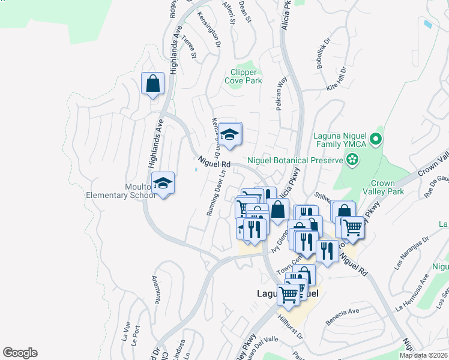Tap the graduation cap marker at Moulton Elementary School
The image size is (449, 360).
[162, 183]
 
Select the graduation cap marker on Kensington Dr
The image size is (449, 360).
[229, 134]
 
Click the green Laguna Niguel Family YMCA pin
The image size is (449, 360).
[376, 140]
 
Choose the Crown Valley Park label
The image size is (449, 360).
[391, 187]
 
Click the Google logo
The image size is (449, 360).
[20, 353]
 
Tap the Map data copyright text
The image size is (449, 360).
[424, 355]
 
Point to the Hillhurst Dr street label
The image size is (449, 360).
[292, 326]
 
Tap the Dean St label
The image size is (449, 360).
[244, 12]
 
